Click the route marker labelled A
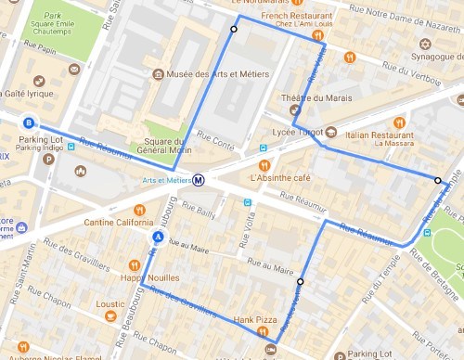point(158,238)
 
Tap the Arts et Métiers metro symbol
point(199,180)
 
